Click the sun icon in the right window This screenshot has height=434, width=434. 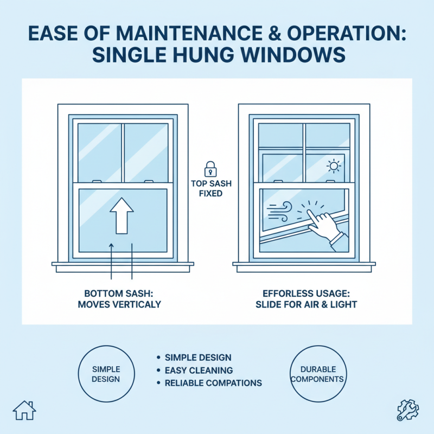point(332,165)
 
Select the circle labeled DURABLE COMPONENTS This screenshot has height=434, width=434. point(317,373)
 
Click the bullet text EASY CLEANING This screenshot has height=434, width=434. point(199,370)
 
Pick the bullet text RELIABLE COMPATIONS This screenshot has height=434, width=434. point(213,383)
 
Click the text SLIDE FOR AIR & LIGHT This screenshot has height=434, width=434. point(306,304)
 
